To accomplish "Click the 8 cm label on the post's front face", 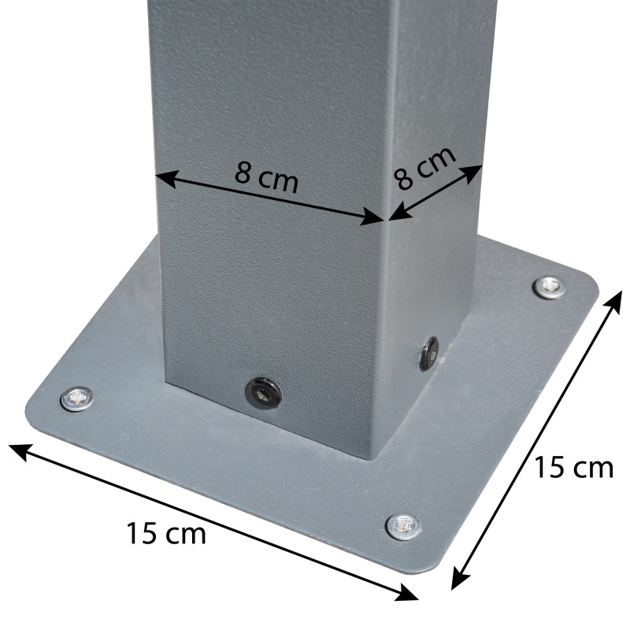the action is click(267, 178).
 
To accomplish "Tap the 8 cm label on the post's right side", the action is click(425, 168).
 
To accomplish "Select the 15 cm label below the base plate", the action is click(166, 533).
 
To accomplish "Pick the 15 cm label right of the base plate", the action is click(573, 468).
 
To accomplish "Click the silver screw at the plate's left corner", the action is click(76, 399).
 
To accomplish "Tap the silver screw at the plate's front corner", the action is click(403, 527).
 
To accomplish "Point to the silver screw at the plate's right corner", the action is click(549, 287).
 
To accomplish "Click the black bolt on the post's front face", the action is click(263, 393).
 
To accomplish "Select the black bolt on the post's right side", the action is click(429, 354).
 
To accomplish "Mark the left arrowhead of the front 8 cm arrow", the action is click(167, 179).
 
